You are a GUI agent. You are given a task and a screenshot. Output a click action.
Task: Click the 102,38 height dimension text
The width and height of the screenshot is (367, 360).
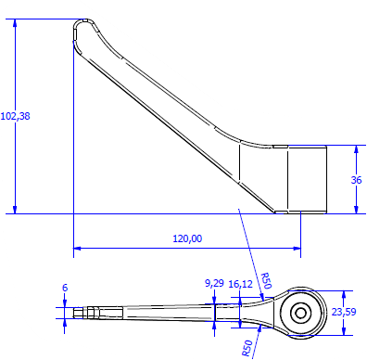[x=16, y=116]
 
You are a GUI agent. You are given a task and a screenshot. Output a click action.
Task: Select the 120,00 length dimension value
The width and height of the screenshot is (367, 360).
[x=187, y=238]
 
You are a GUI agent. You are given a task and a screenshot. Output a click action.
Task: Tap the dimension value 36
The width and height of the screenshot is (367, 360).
[x=356, y=180]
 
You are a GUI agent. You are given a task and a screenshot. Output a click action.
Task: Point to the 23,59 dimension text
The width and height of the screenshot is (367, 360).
[x=344, y=312]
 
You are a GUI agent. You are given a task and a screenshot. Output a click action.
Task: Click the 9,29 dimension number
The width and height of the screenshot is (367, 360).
[x=214, y=283]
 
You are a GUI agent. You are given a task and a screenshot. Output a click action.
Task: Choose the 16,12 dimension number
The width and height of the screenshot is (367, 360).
[x=241, y=284]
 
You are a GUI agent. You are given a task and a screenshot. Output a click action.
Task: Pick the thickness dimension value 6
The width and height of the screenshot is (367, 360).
[x=65, y=288]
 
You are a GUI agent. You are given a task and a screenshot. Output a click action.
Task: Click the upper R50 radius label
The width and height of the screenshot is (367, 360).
[x=266, y=280]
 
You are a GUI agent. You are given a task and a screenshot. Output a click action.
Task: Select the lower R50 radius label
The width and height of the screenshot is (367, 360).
[x=247, y=348]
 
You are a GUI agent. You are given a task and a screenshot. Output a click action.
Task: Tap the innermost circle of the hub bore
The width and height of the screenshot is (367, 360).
[x=300, y=314]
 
